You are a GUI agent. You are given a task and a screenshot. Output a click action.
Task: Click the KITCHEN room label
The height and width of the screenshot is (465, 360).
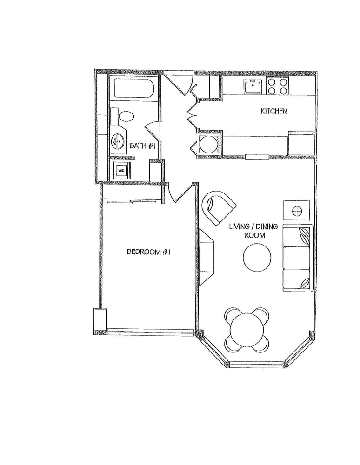pos(273,111)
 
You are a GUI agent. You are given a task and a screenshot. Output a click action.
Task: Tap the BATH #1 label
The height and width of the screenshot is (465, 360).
pos(143,146)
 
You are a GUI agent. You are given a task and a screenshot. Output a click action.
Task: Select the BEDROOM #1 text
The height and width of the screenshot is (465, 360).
pos(148,252)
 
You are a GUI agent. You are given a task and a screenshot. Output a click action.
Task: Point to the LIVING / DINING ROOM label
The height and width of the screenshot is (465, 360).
pos(253,231)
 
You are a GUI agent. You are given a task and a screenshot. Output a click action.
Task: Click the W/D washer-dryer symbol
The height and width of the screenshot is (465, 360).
pos(121,171)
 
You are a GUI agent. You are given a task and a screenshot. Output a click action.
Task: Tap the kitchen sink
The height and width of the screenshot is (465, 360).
pos(253,86)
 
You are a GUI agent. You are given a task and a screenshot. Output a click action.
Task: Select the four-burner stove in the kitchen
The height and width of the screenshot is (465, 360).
pos(278,86)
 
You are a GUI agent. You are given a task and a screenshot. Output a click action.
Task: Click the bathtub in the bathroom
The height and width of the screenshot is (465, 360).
pos(134,88)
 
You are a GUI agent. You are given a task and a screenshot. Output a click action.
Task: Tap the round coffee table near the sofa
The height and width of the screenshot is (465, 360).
pos(257,258)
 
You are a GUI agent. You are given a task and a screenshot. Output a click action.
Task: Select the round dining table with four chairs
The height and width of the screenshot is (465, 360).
pos(247,330)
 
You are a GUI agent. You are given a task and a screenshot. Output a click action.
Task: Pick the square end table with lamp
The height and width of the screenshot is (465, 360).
pos(297,211)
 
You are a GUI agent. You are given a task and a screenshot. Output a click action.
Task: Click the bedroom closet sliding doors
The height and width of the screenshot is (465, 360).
pos(132,202)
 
